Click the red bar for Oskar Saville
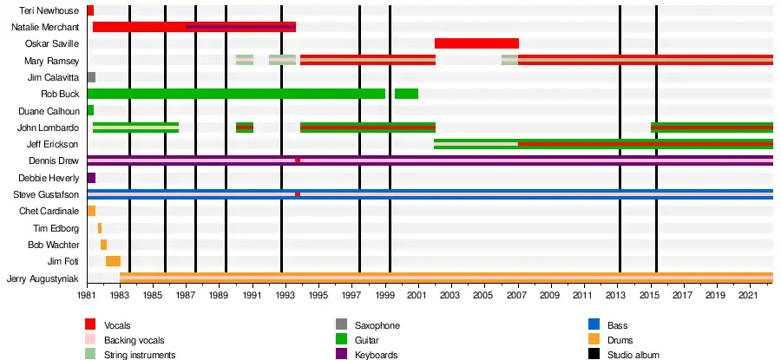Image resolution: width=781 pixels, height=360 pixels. pos(476,43)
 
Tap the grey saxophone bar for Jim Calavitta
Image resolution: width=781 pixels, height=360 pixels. pos(91,77)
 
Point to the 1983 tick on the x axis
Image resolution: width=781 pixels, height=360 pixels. pos(120,285)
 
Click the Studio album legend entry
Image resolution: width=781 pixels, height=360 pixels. pos(633,355)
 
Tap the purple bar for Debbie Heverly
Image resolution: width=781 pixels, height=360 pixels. pos(91,178)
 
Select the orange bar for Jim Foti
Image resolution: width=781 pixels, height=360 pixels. pos(113,261)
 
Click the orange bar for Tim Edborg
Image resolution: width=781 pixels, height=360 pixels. pos(100,228)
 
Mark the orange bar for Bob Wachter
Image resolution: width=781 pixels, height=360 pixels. pos(103,245)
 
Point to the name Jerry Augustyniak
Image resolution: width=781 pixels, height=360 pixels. pos(43,278)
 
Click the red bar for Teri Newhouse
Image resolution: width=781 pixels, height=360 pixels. pos(90,10)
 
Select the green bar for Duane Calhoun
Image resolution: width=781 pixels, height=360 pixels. pos(90,110)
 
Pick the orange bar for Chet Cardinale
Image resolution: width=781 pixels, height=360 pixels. pos(91,211)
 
